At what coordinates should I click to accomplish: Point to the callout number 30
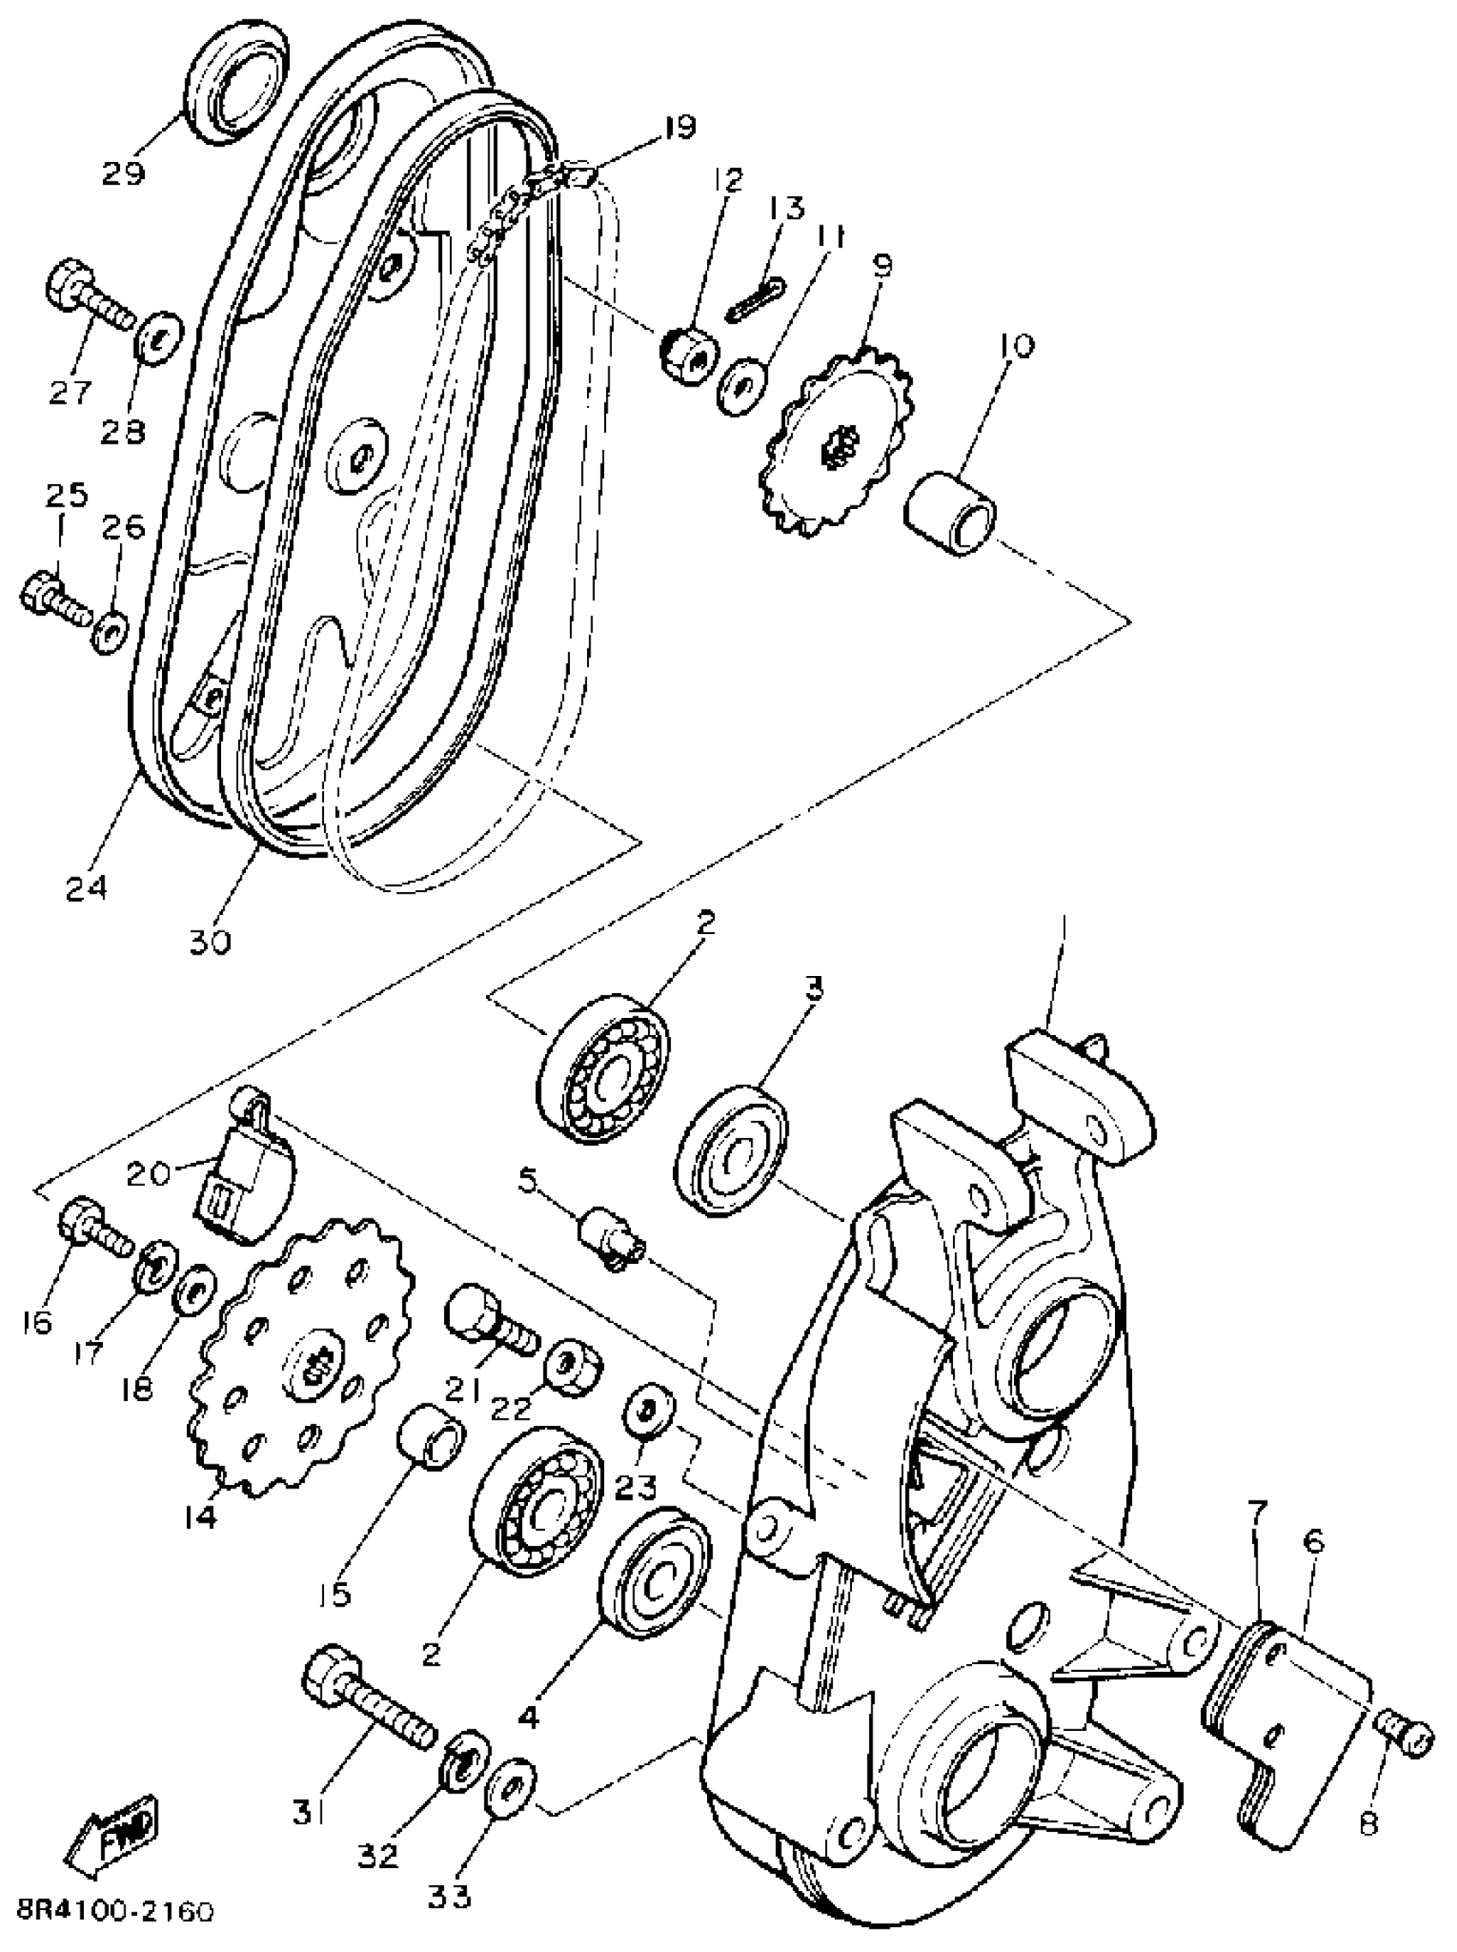click(x=209, y=942)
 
